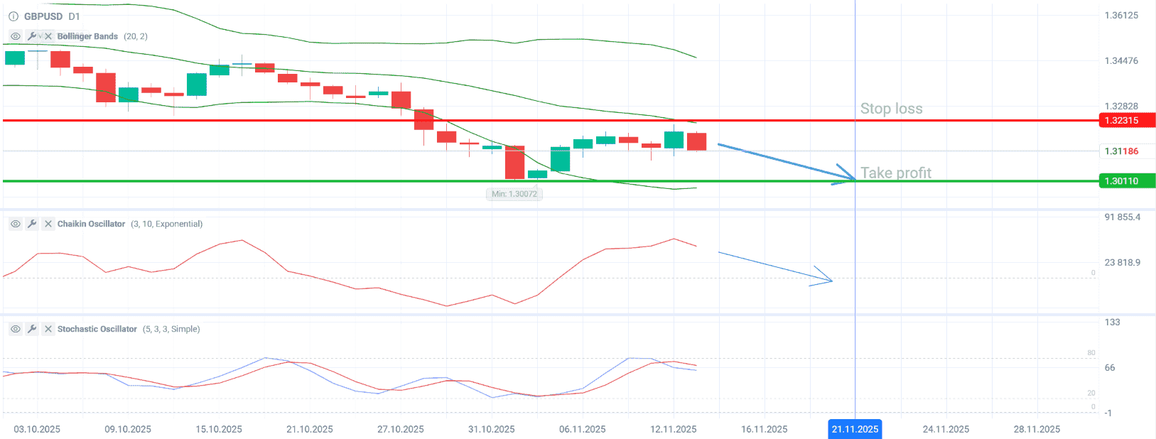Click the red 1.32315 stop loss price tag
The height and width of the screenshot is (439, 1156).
(1126, 121)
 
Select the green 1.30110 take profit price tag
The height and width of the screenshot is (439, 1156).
(1126, 181)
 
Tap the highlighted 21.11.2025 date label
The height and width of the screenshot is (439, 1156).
(855, 429)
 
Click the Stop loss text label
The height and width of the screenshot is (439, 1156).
(891, 109)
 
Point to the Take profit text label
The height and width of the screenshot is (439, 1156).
(895, 173)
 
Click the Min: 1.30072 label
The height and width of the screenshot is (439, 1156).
(514, 194)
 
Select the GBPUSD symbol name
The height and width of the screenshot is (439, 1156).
(43, 16)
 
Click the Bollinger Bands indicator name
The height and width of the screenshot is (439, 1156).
(87, 36)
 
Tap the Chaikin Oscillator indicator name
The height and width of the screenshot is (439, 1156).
(91, 224)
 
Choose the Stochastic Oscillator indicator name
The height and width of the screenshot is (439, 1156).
(97, 329)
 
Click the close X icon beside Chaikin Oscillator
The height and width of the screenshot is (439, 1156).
(48, 224)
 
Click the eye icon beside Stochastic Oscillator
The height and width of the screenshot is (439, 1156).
(15, 329)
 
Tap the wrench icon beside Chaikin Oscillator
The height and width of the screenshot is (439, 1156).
(32, 224)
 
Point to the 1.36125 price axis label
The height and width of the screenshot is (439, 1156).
(1121, 16)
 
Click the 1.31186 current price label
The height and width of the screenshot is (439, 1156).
(1121, 151)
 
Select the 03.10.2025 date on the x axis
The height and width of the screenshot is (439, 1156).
(37, 429)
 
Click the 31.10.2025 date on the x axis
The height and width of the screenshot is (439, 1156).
(492, 429)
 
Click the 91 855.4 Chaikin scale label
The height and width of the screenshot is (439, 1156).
(1122, 217)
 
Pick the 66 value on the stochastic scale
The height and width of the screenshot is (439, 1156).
(1110, 368)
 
